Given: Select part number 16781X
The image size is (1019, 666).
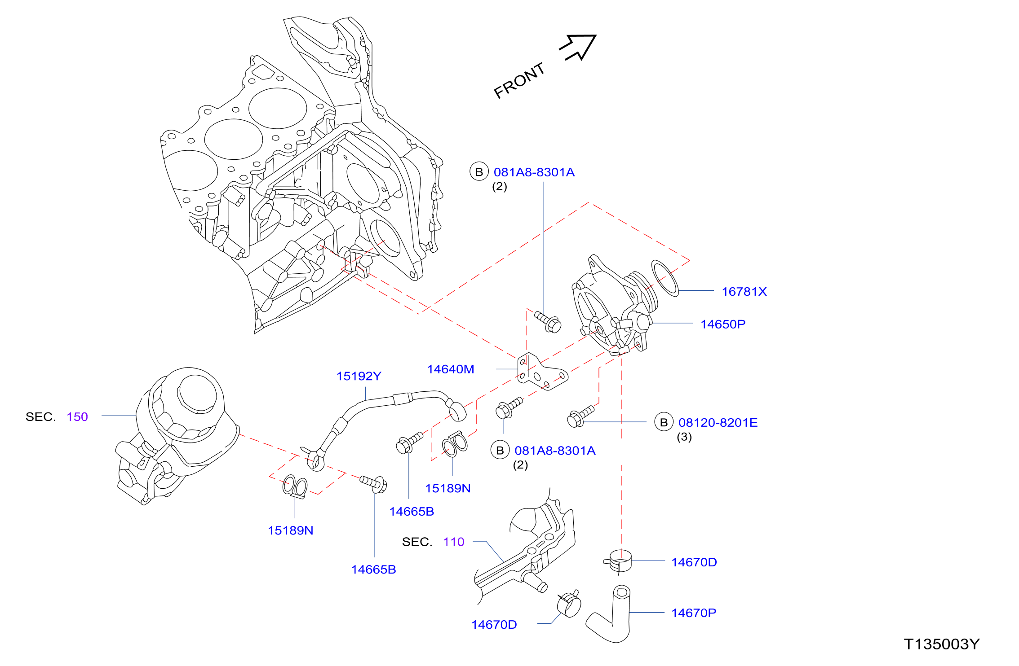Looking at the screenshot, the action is click(x=744, y=292).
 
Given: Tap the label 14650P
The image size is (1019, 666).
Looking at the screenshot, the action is click(x=723, y=324).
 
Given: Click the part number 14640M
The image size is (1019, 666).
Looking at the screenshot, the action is click(x=451, y=369).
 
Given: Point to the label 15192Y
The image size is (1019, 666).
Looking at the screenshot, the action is click(x=359, y=376).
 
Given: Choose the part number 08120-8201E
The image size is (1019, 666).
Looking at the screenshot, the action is click(x=718, y=422).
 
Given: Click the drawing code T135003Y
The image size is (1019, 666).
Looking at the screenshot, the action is click(x=942, y=644).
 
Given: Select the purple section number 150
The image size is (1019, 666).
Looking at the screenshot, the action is click(x=77, y=417).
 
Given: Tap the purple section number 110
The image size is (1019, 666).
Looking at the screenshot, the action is click(x=454, y=542).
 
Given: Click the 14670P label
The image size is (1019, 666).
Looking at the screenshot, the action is click(x=694, y=613).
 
